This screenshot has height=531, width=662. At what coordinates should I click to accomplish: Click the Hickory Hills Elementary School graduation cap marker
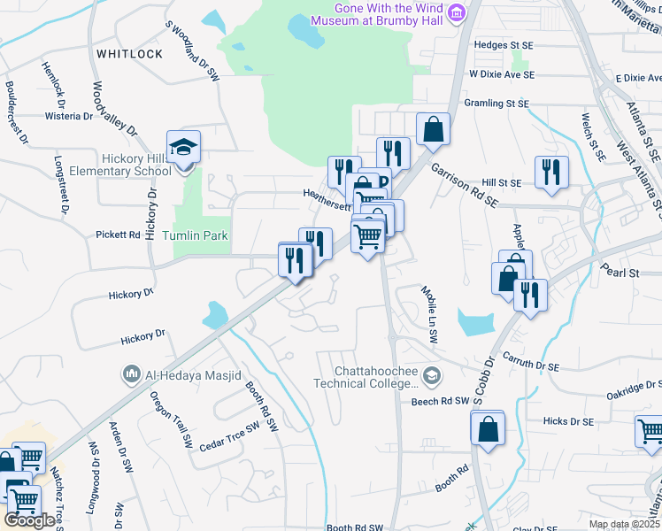[x=183, y=148]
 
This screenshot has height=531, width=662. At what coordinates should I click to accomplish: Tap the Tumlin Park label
[x=195, y=235]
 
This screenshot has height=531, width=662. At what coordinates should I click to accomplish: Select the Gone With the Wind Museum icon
[x=457, y=12]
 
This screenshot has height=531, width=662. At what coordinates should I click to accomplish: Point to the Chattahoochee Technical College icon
[x=431, y=376]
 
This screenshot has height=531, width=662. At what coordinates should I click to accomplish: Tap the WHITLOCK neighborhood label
[x=129, y=54]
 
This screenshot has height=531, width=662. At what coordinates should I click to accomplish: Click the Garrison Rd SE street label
[x=465, y=184]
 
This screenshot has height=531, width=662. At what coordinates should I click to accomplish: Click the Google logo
[x=29, y=520]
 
